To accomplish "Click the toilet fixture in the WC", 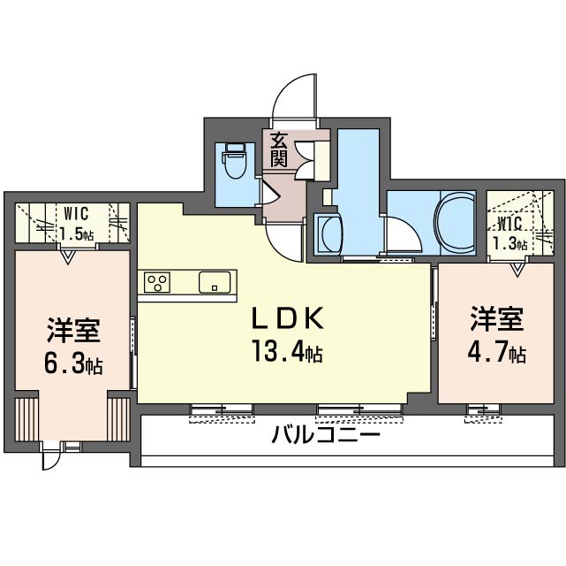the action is pos(234,161).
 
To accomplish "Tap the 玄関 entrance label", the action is pos(279,150).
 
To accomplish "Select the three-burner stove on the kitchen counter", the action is pos(157,282).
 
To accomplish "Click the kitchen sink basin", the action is pos(215,282).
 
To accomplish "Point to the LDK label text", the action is pos(287,318).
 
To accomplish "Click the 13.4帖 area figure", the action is pos(287,350).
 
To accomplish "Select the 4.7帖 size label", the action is pos(496,352).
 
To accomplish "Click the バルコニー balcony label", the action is pos(326,434).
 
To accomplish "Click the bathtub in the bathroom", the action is pos(456,223).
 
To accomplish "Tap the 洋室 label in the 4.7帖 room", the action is pos(496,319).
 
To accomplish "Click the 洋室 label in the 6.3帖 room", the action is pos(73,331).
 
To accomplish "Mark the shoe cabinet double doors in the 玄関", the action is pos(305,160).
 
